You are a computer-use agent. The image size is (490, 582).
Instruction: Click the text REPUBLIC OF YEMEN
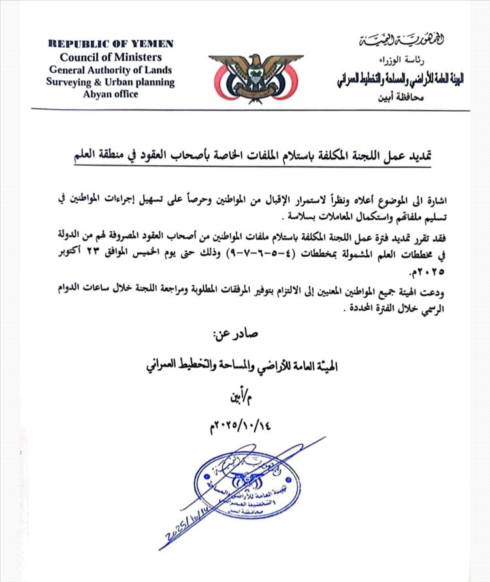[x=110, y=44]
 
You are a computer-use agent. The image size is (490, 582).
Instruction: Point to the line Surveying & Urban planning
[x=110, y=82]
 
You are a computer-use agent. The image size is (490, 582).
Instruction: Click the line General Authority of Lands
[x=110, y=70]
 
